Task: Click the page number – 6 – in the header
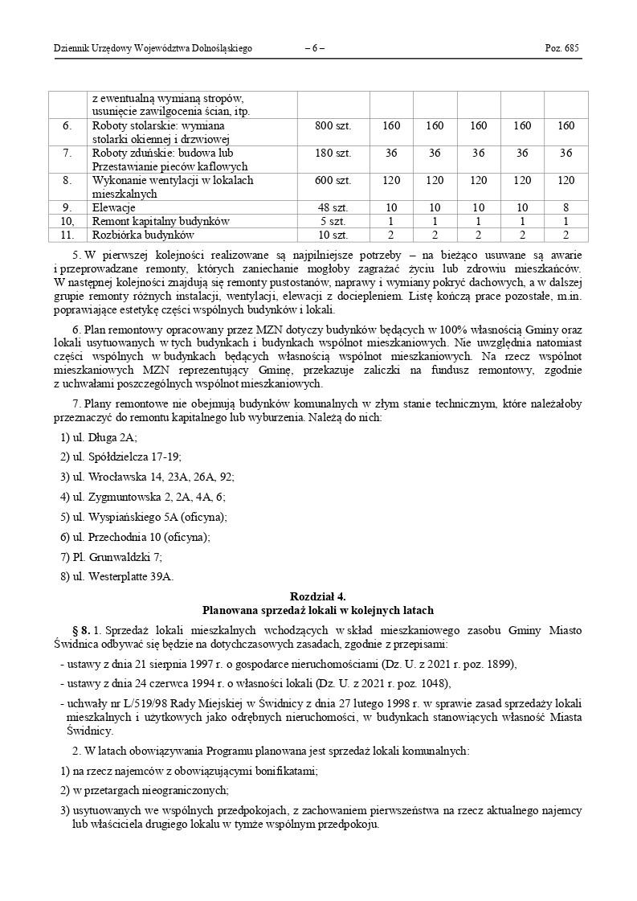coord(315,48)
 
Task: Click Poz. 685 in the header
coord(562,48)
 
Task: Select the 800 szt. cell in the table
coord(333,126)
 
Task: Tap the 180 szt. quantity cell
coord(333,153)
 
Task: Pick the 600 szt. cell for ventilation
coord(333,180)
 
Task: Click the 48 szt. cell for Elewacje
coord(333,207)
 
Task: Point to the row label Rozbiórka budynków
coord(144,235)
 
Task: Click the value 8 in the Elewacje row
coord(566,207)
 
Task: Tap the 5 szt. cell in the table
coord(333,221)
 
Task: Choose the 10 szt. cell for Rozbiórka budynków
coord(333,235)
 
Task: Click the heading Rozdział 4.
coord(318,596)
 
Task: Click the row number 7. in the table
coord(67,153)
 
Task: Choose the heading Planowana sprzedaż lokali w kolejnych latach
coord(318,610)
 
